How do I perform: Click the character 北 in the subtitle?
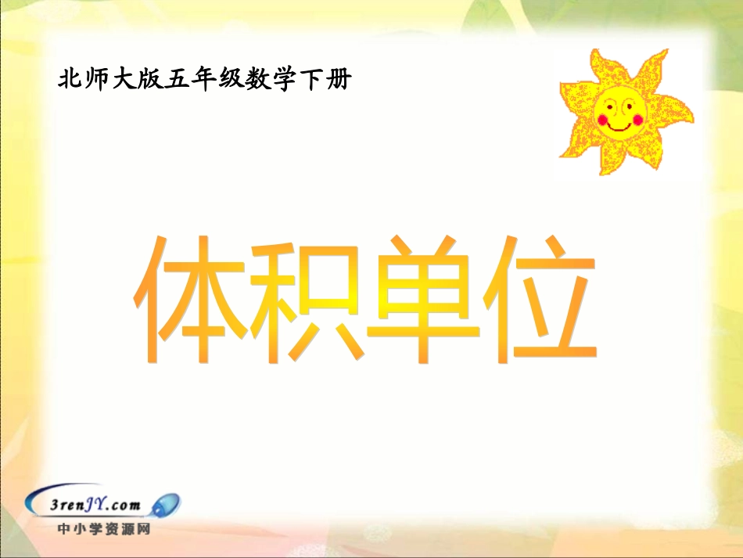(x=70, y=80)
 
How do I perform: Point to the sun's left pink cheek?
(x=602, y=120)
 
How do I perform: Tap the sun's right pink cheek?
(x=637, y=118)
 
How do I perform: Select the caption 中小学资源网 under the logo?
(x=103, y=529)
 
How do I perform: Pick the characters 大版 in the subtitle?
(x=138, y=80)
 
